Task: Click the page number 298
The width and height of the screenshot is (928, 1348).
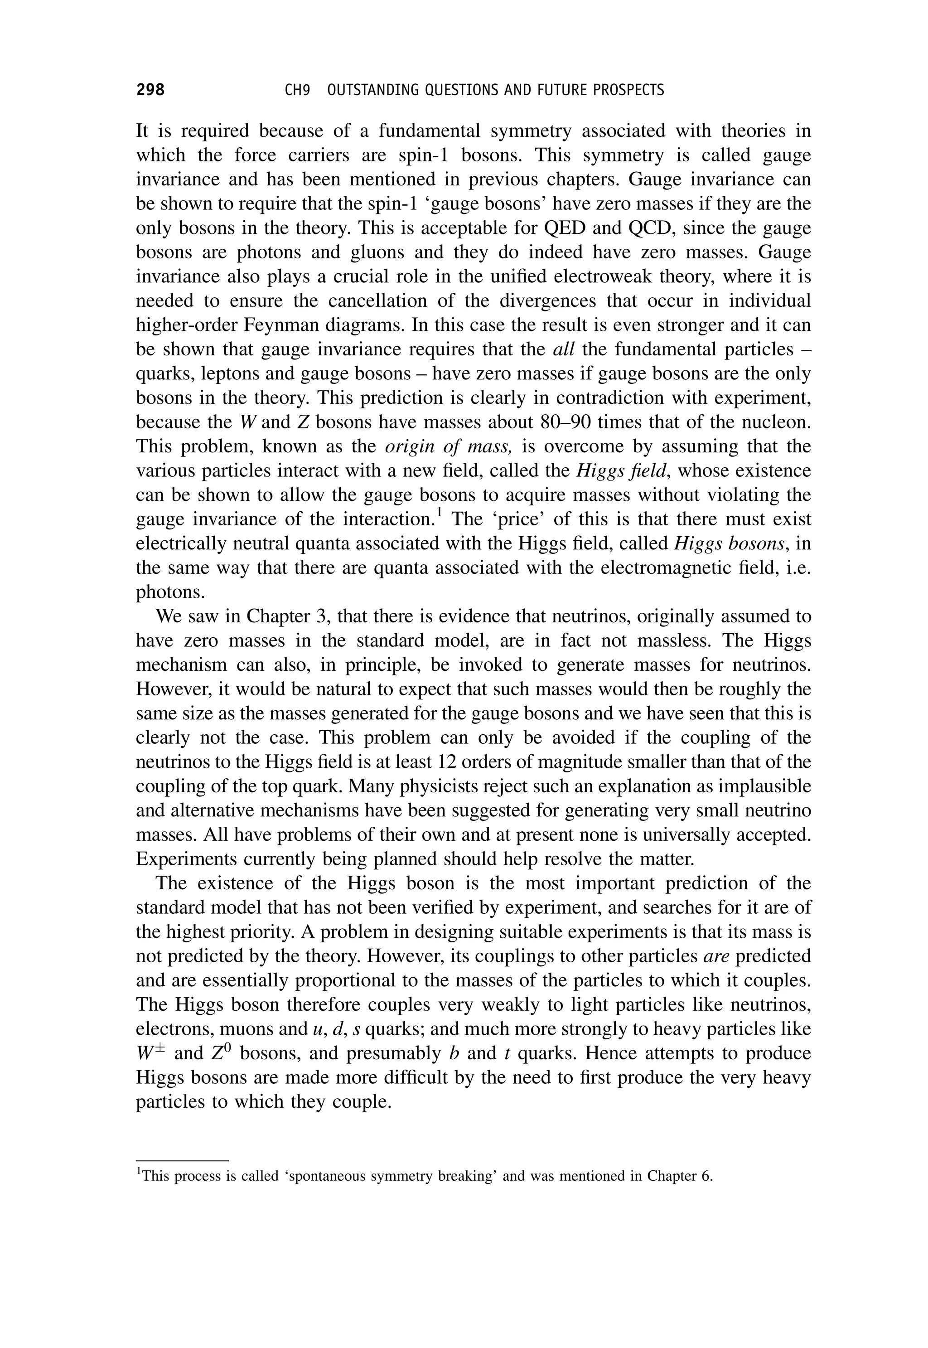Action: (150, 90)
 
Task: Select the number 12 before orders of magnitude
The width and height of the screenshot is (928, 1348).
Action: (451, 762)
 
